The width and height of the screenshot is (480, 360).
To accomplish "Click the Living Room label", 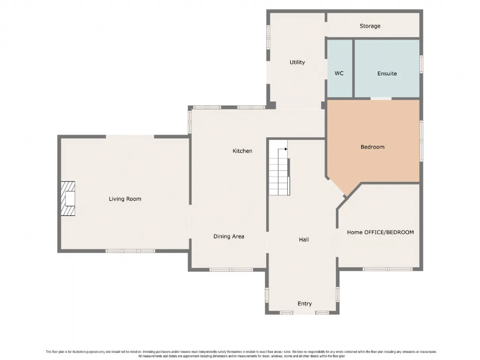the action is tap(125, 199).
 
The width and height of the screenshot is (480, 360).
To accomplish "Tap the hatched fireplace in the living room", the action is tap(68, 198).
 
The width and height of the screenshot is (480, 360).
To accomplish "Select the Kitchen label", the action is tap(242, 151).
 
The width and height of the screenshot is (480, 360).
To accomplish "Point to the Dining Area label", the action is tap(229, 236).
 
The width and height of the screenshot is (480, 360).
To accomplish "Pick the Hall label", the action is tap(304, 240).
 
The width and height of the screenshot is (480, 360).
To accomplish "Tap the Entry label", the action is tap(304, 304).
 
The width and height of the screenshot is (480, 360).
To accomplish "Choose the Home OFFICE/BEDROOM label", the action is tap(380, 232).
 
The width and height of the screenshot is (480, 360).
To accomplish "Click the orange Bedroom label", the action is tap(372, 147).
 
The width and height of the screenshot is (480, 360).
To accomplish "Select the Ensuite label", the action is tap(387, 73).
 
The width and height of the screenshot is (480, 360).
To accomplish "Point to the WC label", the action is tap(339, 73).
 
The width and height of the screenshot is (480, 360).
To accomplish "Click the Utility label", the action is tap(297, 62).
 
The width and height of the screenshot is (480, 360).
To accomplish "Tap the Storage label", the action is tap(370, 26).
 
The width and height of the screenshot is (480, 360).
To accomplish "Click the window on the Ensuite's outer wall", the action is tap(421, 64).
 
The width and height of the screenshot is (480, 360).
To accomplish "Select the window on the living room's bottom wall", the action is tap(130, 251).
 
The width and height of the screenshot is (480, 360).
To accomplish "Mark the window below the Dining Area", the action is tap(231, 270).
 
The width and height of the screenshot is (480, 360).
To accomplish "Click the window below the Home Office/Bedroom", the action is tap(387, 269).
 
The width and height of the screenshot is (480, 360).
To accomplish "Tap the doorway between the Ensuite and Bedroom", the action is tap(381, 99).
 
